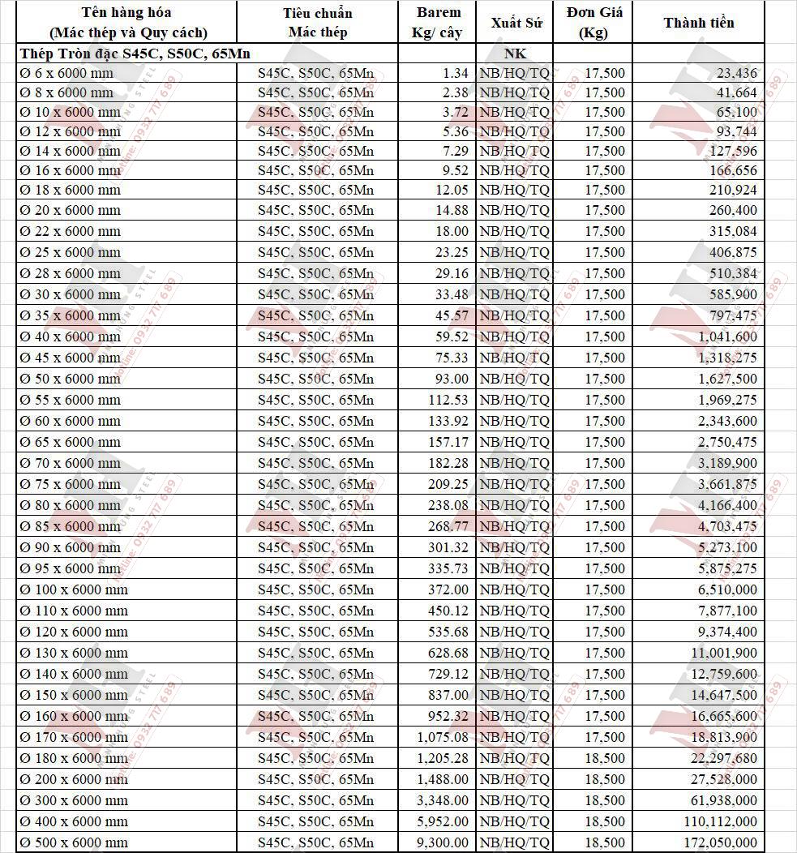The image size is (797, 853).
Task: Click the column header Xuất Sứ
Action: (x=516, y=22)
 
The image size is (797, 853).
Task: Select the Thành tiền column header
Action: (x=698, y=22)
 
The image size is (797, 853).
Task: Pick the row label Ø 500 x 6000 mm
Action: (x=74, y=842)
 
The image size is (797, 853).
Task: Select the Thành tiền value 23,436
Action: (x=737, y=73)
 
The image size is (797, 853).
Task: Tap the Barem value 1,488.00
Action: (x=443, y=779)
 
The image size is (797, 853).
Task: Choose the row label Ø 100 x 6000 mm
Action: (x=74, y=589)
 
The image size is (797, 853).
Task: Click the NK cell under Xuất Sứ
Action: (x=516, y=54)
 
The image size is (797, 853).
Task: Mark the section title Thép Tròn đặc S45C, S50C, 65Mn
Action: (x=135, y=54)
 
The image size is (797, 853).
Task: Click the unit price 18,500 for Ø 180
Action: (x=605, y=758)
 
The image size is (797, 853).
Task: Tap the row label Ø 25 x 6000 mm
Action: (x=70, y=252)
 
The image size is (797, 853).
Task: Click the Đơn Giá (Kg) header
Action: (x=593, y=22)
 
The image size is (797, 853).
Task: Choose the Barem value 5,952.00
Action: (x=443, y=821)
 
